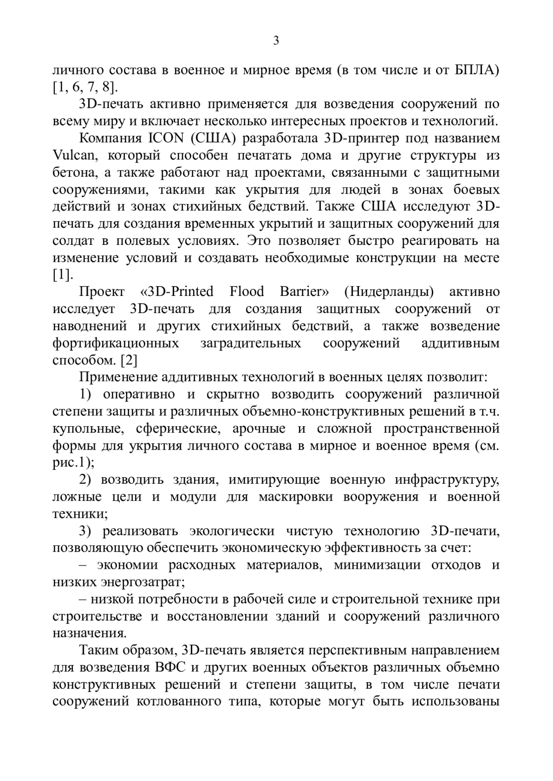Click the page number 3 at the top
coord(276,41)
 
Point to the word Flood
coord(247,292)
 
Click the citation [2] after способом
coord(129,360)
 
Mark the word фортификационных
coord(116,343)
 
